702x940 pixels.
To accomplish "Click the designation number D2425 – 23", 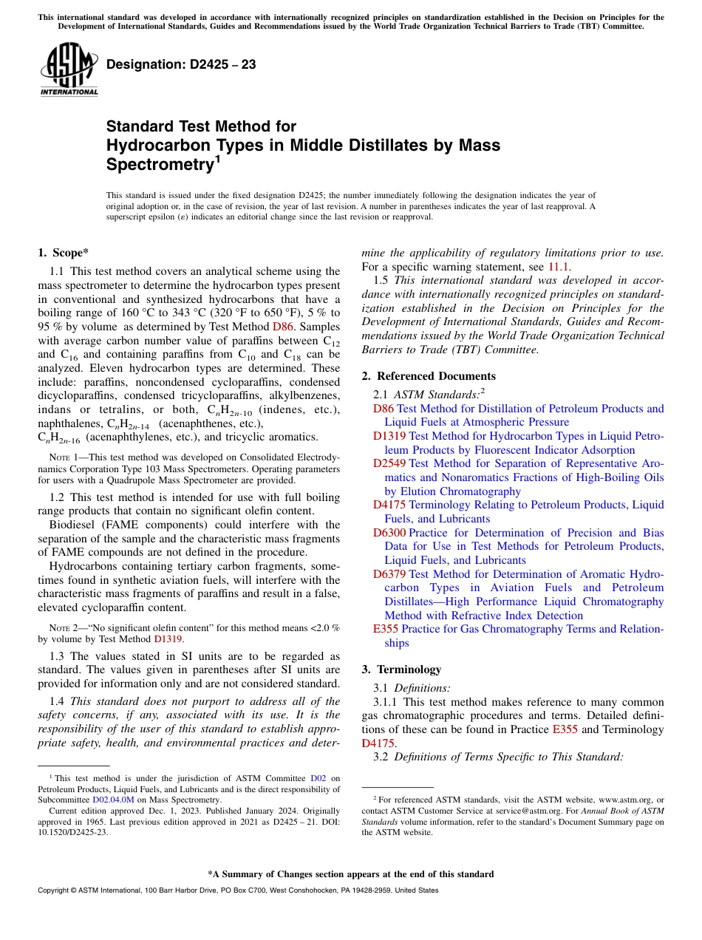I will click(x=181, y=64).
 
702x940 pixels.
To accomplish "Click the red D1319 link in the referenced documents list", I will click(x=389, y=436).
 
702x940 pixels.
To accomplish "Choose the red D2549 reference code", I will click(x=389, y=463).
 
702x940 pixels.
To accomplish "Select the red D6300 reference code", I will click(x=389, y=533).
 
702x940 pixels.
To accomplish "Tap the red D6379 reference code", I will click(x=389, y=574).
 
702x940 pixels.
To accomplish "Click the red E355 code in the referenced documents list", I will click(x=386, y=629).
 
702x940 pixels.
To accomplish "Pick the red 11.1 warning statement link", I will click(x=559, y=266).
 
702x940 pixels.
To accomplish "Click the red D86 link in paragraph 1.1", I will click(x=282, y=326).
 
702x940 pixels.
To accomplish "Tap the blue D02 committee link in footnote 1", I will click(x=318, y=778).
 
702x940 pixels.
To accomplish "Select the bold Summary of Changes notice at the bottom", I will click(x=350, y=874).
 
